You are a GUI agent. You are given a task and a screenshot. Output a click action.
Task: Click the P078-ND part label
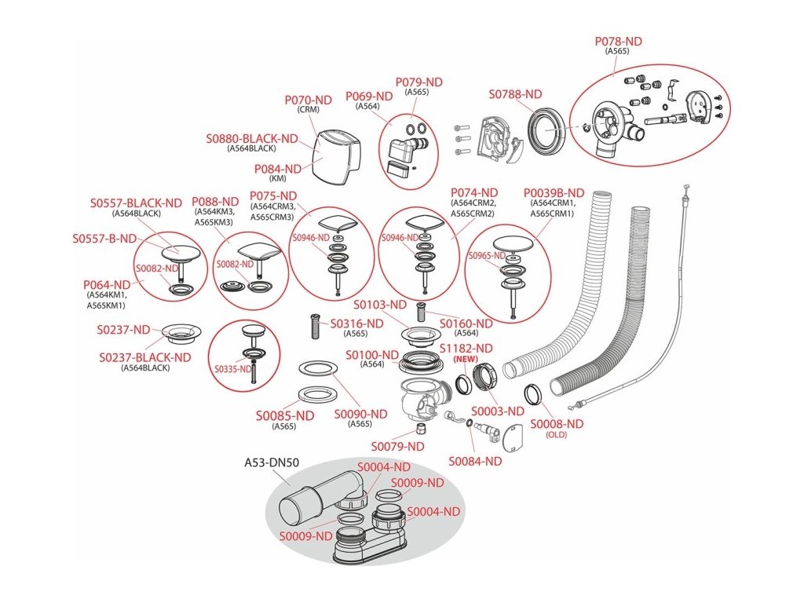(618, 42)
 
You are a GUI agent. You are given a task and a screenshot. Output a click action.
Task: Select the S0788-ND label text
(515, 94)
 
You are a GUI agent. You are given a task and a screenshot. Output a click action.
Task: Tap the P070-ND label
(308, 100)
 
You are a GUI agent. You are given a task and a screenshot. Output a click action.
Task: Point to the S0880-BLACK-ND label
(252, 139)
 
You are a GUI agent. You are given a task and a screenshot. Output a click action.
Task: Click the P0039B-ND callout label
(554, 193)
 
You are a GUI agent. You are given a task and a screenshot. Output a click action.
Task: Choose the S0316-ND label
(357, 323)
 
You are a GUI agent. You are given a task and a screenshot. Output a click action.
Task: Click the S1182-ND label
(466, 349)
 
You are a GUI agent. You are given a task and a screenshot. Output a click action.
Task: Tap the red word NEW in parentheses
(466, 359)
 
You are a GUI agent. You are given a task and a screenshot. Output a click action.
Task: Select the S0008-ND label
(557, 424)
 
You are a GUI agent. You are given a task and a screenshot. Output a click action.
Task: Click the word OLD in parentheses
(557, 435)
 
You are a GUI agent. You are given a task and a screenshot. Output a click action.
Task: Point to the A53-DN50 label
(271, 463)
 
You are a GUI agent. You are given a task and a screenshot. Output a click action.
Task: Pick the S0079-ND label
(398, 447)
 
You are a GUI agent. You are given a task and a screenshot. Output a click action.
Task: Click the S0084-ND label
(475, 462)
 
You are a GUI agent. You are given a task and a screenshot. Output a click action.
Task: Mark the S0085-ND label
(285, 416)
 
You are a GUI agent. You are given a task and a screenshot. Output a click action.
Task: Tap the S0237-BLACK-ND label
(145, 358)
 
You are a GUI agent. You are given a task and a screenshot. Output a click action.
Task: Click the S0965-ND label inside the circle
(487, 255)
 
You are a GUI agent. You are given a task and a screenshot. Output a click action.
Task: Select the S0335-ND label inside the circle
(233, 369)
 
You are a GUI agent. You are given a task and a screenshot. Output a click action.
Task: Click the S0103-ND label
(380, 305)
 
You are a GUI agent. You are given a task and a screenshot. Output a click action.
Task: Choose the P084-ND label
(278, 169)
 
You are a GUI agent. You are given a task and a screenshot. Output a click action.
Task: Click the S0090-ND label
(361, 415)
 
